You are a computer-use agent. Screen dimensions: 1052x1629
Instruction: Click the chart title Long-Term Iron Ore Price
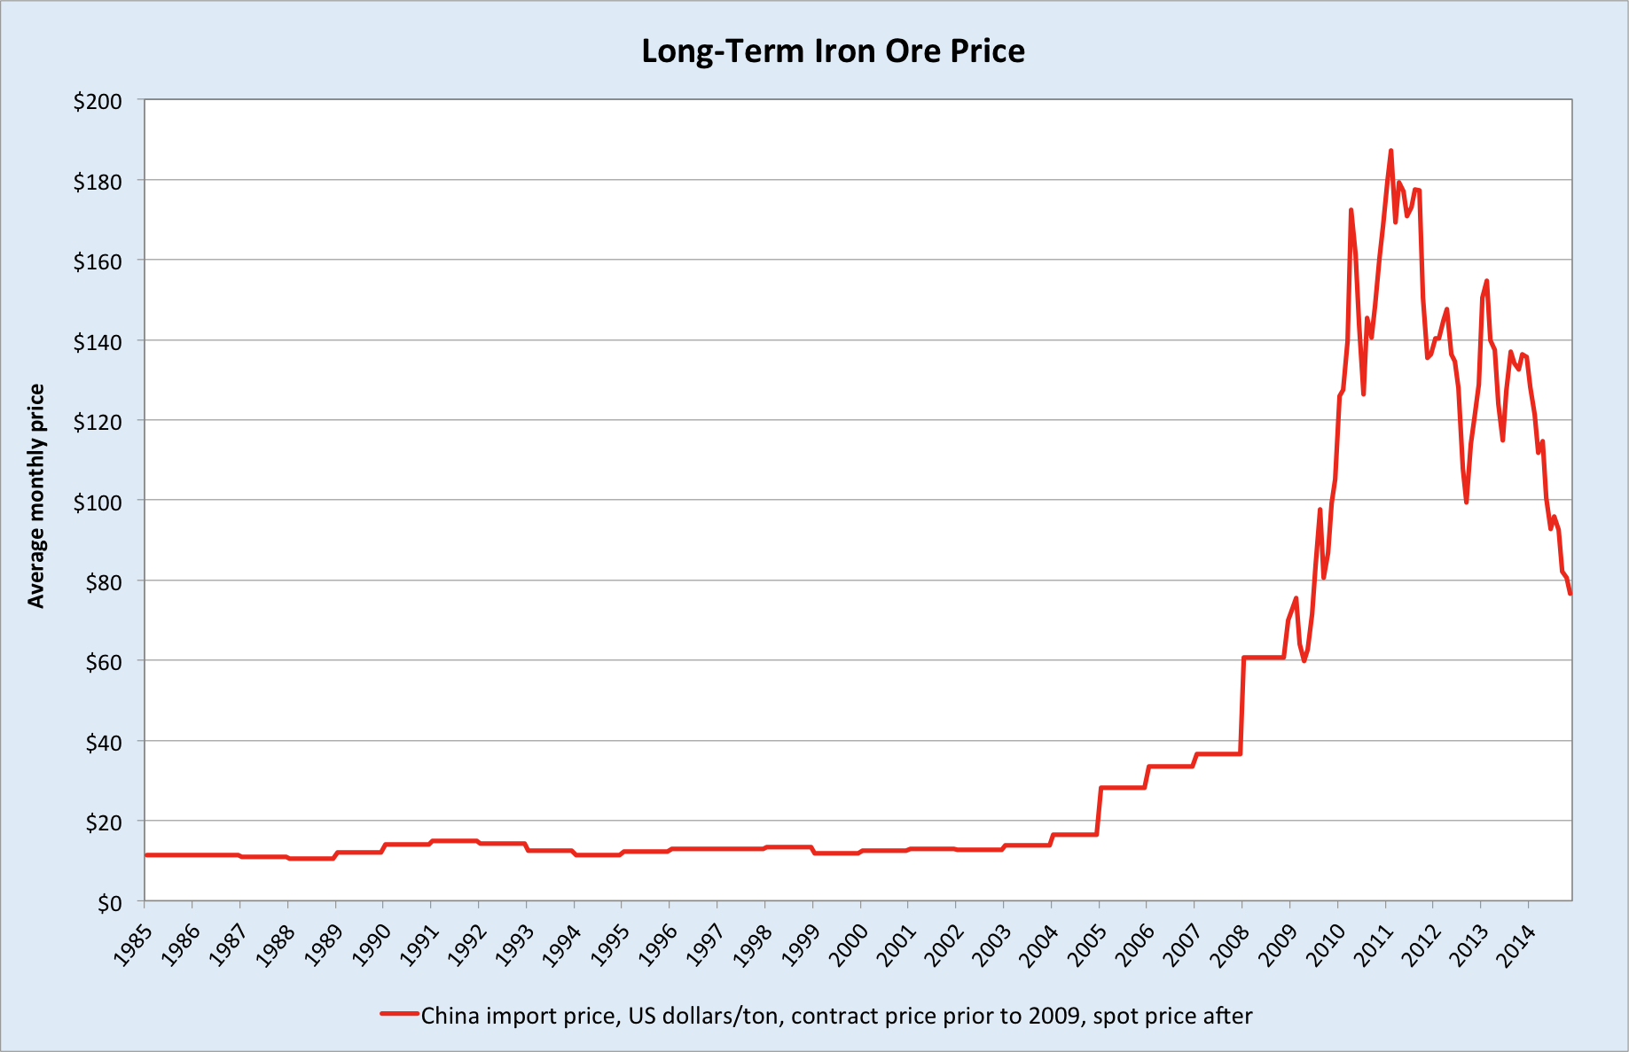point(833,51)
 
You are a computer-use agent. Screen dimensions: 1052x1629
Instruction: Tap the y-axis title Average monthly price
point(36,495)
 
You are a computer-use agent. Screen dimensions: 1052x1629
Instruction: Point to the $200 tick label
point(98,101)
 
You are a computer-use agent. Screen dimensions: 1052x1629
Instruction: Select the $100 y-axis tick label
point(98,501)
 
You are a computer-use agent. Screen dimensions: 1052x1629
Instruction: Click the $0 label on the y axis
point(109,902)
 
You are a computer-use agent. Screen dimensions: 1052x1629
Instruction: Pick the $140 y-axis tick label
point(98,341)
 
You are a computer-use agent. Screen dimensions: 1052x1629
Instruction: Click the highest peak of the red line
point(1390,151)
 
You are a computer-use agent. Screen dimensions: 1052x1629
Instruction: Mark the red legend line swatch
point(399,1013)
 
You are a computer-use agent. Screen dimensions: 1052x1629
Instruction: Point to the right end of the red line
point(1570,593)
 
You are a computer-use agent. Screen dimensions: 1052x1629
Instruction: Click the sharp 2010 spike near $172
point(1351,210)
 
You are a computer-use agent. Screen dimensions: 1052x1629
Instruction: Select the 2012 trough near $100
point(1466,502)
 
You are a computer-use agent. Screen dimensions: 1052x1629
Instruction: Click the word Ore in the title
point(912,51)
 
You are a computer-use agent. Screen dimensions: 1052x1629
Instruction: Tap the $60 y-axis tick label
point(103,661)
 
